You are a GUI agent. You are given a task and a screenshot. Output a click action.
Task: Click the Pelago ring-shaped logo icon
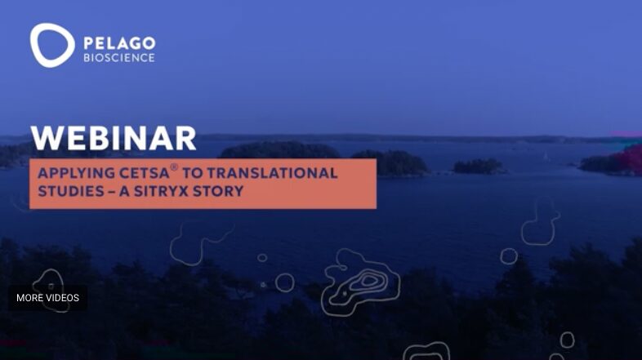click(x=51, y=44)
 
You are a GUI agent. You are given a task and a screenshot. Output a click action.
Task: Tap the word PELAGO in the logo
click(x=118, y=42)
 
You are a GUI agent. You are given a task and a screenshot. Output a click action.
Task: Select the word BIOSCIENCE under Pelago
click(x=118, y=58)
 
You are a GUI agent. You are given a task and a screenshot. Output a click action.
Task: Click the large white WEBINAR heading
click(x=114, y=138)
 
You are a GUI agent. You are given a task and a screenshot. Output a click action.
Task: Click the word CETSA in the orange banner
click(x=145, y=173)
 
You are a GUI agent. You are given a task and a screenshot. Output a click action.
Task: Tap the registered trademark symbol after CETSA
click(x=174, y=168)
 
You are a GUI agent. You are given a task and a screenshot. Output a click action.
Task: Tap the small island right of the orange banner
click(x=478, y=166)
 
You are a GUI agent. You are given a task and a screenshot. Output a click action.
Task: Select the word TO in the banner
click(x=194, y=173)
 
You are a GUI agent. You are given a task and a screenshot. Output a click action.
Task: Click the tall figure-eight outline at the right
click(x=541, y=220)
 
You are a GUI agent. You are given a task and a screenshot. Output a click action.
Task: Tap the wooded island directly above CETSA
click(x=278, y=150)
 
